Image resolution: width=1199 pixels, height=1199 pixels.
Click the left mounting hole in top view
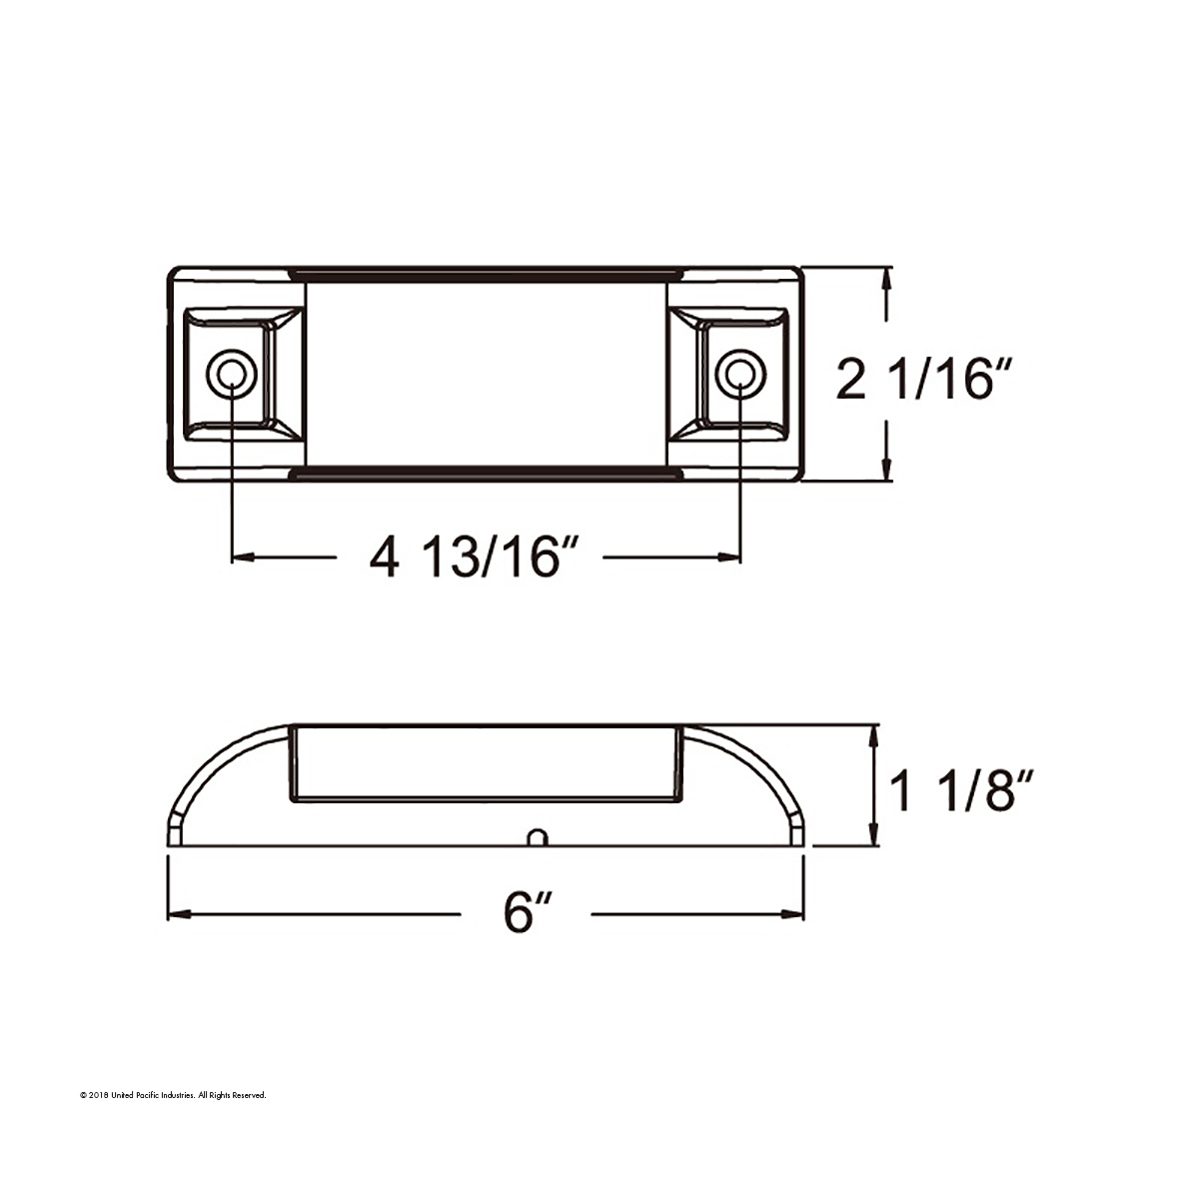tap(231, 375)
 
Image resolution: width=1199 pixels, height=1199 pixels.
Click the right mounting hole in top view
tap(738, 375)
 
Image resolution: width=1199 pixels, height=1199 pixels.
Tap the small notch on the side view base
tap(538, 837)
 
